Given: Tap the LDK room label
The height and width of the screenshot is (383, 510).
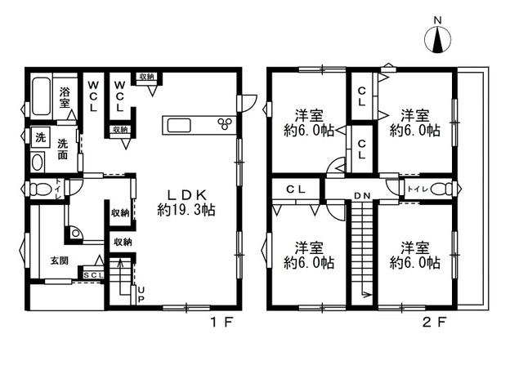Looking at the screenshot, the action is pos(186,195).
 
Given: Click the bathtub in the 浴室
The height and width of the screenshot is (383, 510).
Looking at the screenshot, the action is pos(42,96).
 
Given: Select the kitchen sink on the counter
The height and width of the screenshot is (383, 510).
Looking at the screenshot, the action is pos(178,125).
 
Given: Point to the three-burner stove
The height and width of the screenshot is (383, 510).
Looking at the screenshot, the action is pos(225,123).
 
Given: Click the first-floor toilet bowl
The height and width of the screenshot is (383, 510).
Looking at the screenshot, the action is pos(39,189).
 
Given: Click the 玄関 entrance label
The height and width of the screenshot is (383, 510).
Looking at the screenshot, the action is pos(59,261).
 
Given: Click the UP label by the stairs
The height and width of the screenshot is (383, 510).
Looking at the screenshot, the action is pos(141,294).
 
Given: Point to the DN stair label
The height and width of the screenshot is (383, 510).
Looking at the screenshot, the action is pos(362,196).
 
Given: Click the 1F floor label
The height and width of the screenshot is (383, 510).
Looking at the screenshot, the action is pos(222,322).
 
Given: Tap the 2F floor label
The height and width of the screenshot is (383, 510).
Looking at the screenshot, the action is pos(434,322).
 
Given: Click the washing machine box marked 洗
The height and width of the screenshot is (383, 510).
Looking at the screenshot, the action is pos(40,138).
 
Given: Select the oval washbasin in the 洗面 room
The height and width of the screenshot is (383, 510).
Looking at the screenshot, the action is pos(38,163).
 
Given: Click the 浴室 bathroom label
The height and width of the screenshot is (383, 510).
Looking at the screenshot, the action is pos(65,98).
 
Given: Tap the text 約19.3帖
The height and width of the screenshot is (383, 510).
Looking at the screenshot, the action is pos(186,210).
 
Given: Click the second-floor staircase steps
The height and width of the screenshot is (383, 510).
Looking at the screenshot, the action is pos(362,252).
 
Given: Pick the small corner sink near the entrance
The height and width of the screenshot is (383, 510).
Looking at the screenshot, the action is pos(75,234).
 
